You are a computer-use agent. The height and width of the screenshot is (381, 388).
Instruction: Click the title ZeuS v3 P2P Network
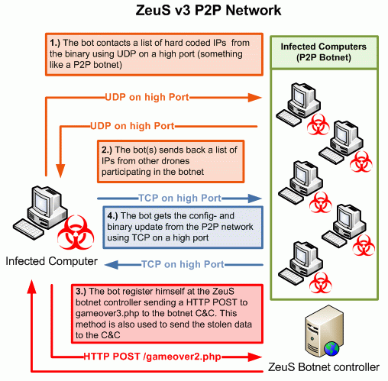tap(209, 11)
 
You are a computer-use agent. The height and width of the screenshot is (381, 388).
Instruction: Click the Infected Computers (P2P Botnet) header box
tap(324, 52)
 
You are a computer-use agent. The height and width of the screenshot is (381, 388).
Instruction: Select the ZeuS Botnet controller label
tap(323, 367)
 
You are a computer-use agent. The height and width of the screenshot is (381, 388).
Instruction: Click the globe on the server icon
tap(331, 349)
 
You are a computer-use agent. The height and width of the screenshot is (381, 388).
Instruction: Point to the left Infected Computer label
tap(51, 261)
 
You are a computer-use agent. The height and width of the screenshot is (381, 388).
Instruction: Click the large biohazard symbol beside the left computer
tap(76, 233)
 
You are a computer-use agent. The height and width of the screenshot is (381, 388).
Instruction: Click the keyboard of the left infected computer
tap(28, 228)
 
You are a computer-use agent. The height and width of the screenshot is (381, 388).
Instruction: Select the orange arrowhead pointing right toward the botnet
tap(254, 98)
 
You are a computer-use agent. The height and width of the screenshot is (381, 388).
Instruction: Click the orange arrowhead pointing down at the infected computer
tap(60, 170)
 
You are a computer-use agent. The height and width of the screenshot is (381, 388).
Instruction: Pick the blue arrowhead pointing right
tap(255, 199)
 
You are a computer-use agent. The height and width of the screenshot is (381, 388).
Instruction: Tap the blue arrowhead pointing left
tap(112, 265)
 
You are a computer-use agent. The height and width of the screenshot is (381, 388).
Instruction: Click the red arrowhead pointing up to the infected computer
tap(32, 286)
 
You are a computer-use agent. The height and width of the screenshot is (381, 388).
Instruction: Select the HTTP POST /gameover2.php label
tap(152, 357)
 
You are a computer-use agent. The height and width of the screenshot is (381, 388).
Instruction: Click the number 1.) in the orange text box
tap(55, 43)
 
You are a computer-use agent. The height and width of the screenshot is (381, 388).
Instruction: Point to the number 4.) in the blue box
tap(112, 216)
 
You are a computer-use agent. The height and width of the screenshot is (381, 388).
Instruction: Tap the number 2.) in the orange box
tap(107, 150)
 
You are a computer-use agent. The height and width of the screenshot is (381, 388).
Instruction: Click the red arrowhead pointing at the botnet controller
tap(254, 357)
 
